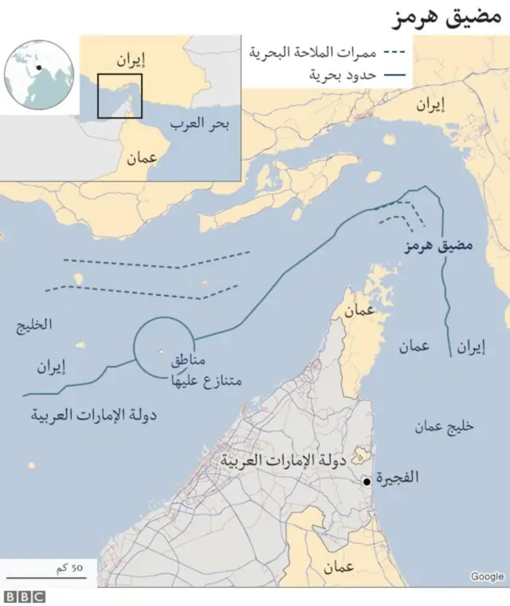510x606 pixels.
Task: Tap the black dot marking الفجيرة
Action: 366,482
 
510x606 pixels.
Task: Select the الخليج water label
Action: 33,325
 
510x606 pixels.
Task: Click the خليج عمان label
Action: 443,425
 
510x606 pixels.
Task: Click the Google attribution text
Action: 487,576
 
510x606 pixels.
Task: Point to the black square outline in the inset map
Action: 120,95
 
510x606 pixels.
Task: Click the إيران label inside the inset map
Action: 131,58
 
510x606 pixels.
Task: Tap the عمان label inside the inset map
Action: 141,158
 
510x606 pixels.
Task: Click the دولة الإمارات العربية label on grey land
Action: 275,460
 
